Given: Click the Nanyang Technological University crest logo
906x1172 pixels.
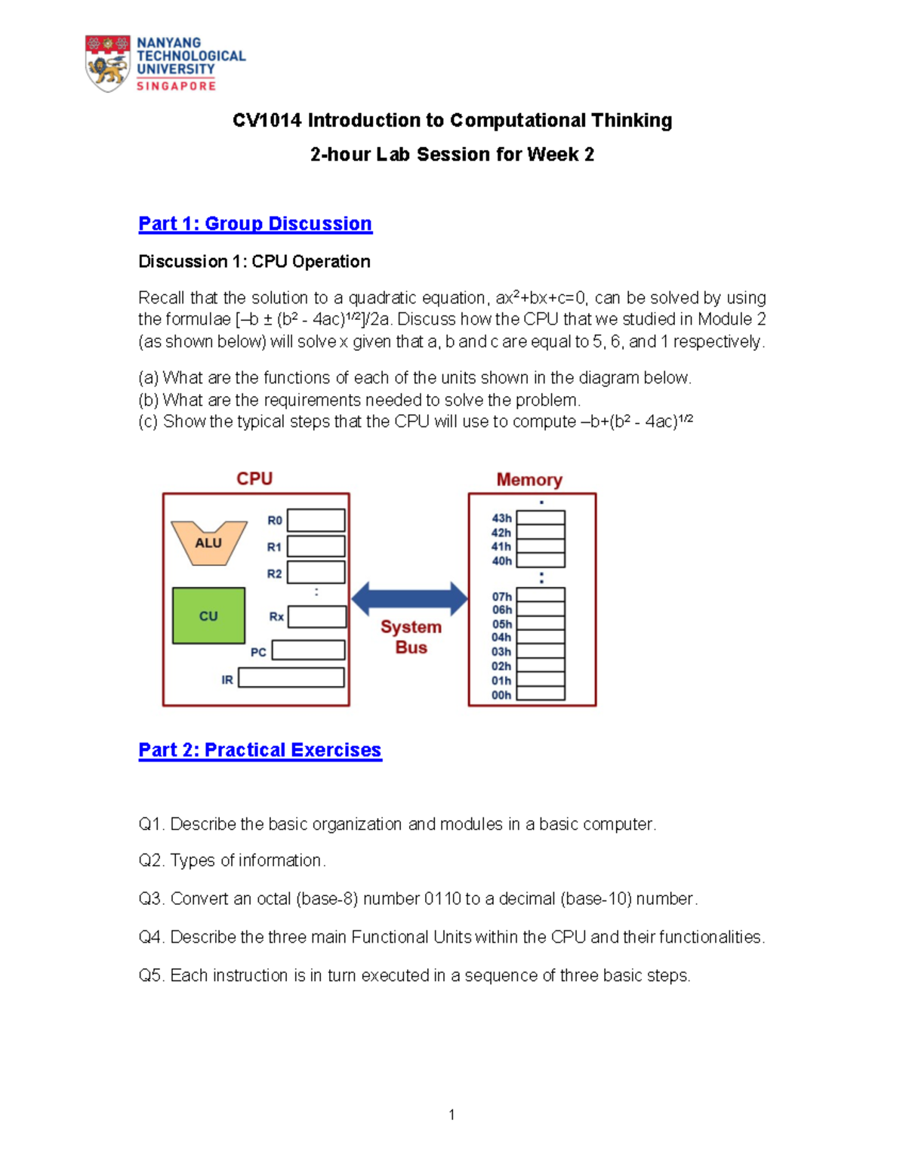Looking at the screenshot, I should coord(107,63).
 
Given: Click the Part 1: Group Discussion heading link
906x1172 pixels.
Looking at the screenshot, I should coord(255,224).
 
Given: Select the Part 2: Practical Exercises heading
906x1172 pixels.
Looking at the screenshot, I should coord(260,750).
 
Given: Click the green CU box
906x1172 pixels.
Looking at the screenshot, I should coord(208,616).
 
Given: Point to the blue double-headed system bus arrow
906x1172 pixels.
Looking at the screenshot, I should coord(409,598).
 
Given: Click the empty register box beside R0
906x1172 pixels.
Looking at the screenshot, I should coord(316,520).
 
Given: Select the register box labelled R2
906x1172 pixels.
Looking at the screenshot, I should coord(316,572).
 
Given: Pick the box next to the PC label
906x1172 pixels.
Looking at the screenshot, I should coord(308,650).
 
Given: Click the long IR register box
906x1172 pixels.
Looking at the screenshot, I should coord(291,678).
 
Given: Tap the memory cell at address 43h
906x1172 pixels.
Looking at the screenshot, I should coord(541,518).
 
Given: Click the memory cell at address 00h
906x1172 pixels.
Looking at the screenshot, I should coord(541,694).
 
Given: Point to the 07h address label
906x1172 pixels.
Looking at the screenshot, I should coord(502,596).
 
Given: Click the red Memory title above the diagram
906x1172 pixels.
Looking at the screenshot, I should coord(529,480).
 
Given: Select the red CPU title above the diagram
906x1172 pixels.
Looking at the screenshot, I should coord(254,479).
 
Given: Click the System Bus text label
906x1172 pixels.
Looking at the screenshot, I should coord(411,637).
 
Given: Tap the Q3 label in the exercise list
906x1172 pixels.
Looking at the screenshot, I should coord(151,899).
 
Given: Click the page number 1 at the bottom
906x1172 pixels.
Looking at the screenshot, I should coord(451,1115).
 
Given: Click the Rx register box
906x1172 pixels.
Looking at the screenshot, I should coord(317,617).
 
